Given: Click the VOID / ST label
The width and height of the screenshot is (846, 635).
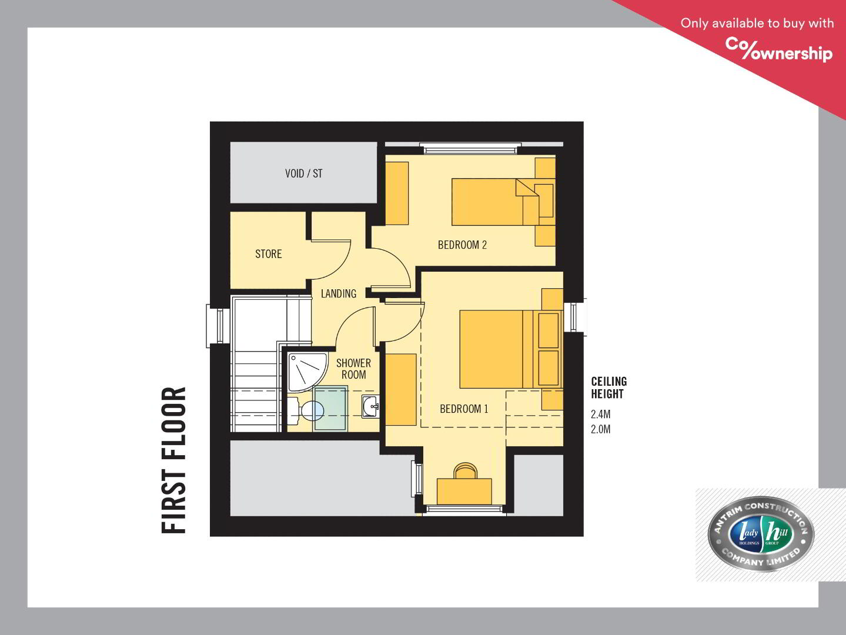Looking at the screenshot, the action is (x=304, y=173).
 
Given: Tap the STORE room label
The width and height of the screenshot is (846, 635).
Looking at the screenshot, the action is (x=268, y=254).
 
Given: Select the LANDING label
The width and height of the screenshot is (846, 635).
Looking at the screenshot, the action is (x=339, y=293).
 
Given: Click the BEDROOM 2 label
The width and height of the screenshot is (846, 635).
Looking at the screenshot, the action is (x=462, y=245).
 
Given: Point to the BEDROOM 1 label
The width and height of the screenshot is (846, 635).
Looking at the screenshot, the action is (x=464, y=409).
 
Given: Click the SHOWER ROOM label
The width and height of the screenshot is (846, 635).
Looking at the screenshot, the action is (x=353, y=369).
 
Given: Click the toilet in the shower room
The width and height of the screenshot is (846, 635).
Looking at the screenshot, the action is (x=306, y=411).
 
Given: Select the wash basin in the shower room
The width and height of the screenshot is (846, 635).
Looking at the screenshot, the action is (x=370, y=406).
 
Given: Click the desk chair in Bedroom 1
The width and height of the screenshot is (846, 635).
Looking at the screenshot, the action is (x=465, y=470).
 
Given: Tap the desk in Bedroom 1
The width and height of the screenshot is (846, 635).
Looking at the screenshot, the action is (x=464, y=492).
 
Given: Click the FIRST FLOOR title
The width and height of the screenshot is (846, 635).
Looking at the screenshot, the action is (x=173, y=460).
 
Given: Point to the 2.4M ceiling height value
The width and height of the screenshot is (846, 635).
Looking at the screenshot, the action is (x=600, y=415).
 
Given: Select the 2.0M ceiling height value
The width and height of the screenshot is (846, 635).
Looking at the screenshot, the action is (x=600, y=429).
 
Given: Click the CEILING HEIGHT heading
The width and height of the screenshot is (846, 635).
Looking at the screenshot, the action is (x=609, y=387).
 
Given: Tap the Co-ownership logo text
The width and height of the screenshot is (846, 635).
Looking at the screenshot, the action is (x=779, y=49).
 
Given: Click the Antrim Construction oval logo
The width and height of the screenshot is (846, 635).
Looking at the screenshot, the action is (x=761, y=534).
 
